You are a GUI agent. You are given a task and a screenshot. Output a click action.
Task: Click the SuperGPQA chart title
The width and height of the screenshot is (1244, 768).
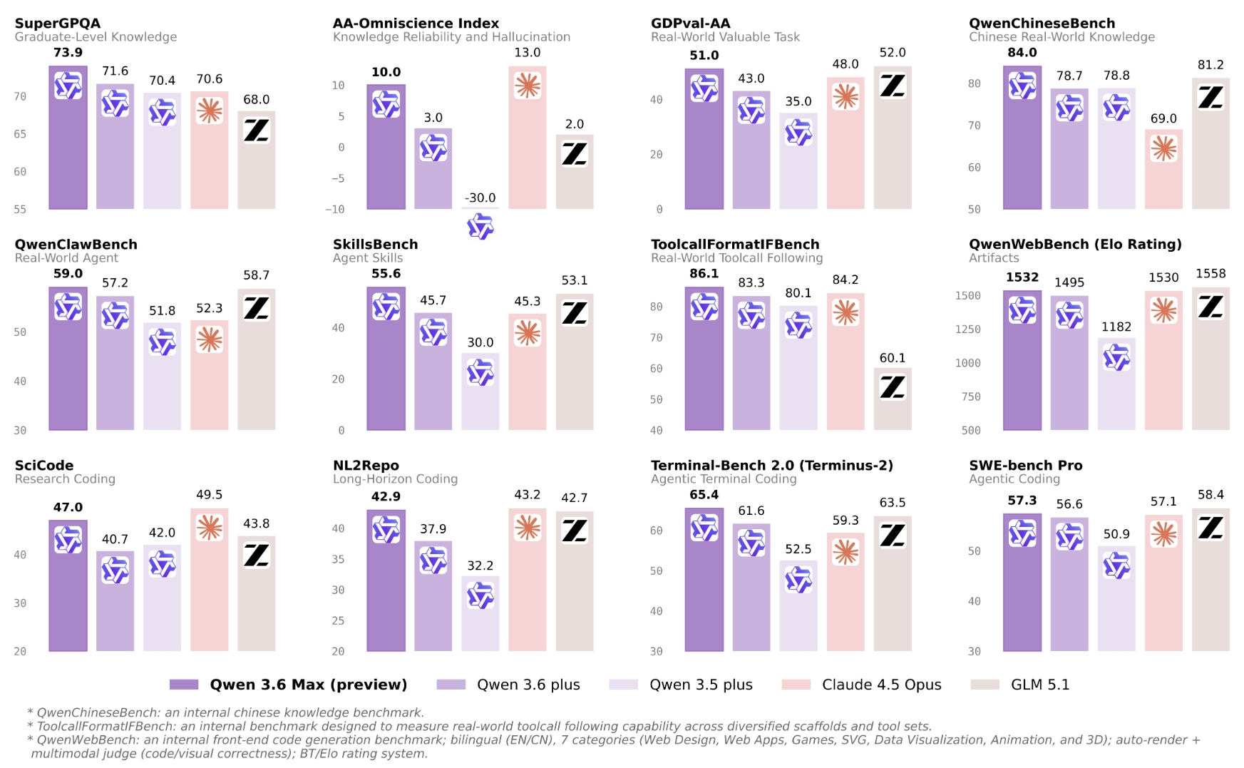pos(58,24)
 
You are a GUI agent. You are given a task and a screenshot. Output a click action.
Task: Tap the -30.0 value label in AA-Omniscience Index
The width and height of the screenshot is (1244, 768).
pos(480,198)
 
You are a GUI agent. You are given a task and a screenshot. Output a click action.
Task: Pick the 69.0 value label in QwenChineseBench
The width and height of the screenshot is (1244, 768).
pos(1163,119)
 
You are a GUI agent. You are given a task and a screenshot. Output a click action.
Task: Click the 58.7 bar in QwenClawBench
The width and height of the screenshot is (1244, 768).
pos(257,359)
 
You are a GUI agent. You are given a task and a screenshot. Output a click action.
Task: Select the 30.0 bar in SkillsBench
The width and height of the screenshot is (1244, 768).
pos(480,391)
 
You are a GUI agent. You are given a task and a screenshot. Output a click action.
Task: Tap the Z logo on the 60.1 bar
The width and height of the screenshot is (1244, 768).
pos(893,388)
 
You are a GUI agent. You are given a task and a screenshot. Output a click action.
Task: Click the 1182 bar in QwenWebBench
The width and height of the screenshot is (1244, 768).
pos(1116,384)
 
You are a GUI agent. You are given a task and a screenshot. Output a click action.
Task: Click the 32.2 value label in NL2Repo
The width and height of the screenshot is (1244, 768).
pos(480,565)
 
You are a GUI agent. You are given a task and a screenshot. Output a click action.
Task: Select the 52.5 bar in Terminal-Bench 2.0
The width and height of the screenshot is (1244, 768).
pos(798,606)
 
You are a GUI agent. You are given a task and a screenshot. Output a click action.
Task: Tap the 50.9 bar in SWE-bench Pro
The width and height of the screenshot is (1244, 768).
pos(1116,599)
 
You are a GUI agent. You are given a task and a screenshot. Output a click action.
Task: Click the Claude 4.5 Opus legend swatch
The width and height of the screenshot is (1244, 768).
pos(796,685)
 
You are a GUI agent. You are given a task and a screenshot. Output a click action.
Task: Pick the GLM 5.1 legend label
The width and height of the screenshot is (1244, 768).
pos(1040,685)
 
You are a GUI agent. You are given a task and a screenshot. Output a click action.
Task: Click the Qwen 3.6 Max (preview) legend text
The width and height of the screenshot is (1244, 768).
pos(308,685)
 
